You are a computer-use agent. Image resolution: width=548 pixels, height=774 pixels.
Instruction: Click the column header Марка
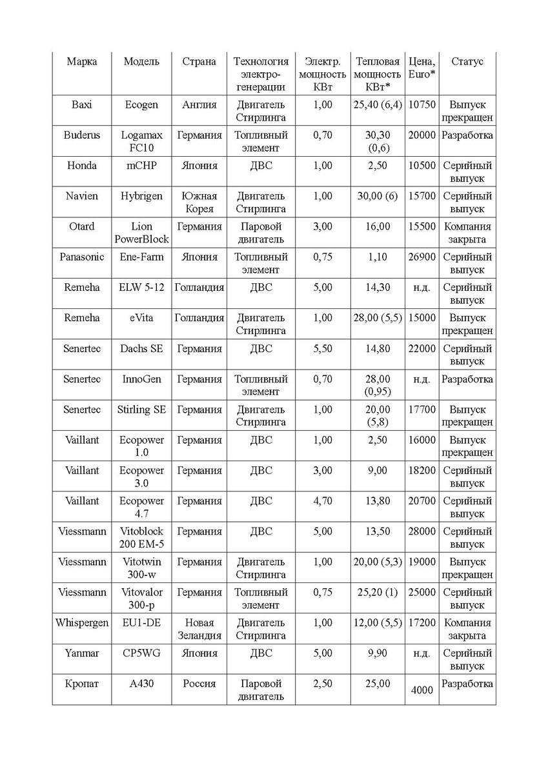82,62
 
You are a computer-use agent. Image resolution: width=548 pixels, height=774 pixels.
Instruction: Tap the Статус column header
467,62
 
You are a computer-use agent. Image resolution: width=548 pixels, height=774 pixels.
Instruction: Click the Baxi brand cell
82,105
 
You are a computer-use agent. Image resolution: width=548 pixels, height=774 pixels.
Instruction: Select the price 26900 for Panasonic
422,257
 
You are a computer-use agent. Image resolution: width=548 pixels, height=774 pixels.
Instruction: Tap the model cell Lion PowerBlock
141,233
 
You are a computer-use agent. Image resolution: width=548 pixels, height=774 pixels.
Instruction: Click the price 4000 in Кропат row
421,690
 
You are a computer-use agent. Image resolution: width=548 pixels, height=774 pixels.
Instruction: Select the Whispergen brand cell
82,623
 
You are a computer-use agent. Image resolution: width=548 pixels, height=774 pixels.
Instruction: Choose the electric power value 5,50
322,349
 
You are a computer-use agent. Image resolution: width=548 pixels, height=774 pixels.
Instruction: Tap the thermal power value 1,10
378,257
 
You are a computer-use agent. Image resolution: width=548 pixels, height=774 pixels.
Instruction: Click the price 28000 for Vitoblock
422,531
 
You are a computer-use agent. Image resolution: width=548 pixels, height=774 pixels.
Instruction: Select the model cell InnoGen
141,379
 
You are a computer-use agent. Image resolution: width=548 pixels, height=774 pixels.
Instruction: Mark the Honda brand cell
82,166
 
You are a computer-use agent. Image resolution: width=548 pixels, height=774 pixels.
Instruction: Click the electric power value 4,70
322,501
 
